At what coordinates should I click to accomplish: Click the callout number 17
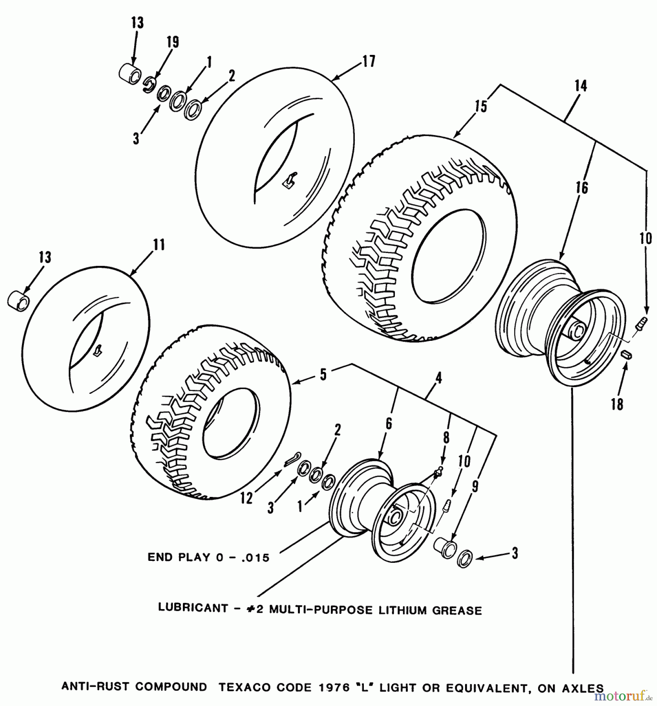pyautogui.click(x=369, y=61)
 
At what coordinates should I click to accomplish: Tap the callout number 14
pyautogui.click(x=580, y=86)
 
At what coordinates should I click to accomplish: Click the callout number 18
pyautogui.click(x=617, y=404)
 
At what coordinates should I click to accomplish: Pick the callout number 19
pyautogui.click(x=173, y=42)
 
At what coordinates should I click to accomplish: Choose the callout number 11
pyautogui.click(x=159, y=245)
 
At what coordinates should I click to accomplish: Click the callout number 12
pyautogui.click(x=246, y=499)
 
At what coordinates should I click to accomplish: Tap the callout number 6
pyautogui.click(x=388, y=424)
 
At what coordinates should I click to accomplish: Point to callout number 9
pyautogui.click(x=475, y=487)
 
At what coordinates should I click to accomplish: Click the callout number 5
pyautogui.click(x=323, y=375)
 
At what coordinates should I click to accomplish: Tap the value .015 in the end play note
pyautogui.click(x=255, y=557)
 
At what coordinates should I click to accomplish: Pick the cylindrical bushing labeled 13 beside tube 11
pyautogui.click(x=18, y=300)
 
